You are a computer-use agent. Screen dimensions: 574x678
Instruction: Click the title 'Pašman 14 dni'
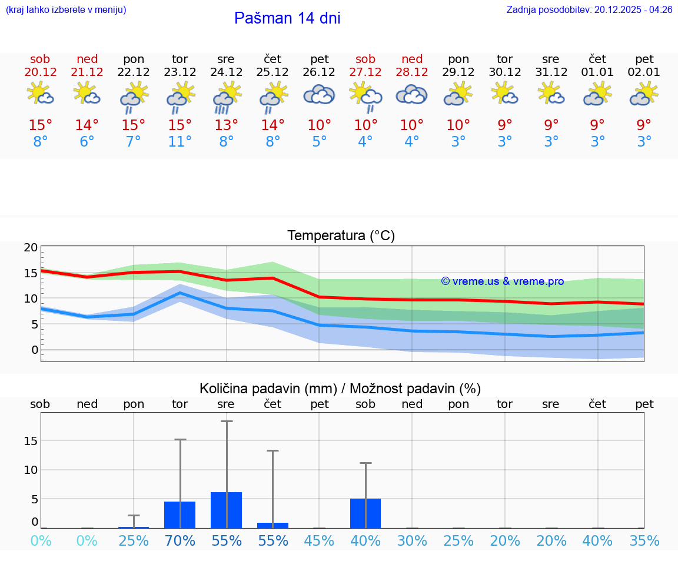point(287,18)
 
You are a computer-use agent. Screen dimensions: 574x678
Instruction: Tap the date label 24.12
point(226,72)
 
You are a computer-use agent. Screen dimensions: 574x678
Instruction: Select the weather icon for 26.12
point(319,94)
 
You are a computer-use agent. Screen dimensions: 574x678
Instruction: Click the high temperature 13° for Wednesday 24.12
point(226,125)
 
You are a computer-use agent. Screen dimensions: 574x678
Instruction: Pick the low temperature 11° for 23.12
point(180,142)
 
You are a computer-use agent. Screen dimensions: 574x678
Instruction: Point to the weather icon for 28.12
point(412,94)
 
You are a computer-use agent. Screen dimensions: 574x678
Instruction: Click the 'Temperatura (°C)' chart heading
point(341,236)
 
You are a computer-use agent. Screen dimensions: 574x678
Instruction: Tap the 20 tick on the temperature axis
point(31,248)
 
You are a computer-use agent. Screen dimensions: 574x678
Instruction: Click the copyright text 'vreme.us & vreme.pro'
point(502,281)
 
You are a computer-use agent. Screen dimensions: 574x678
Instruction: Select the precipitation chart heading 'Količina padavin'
point(340,389)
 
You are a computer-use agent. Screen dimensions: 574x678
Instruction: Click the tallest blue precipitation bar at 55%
point(226,510)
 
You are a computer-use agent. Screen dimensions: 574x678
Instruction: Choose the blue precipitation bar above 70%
point(180,515)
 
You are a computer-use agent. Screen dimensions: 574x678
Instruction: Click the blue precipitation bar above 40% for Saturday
point(365,513)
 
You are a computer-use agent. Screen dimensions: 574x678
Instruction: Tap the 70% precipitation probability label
point(180,541)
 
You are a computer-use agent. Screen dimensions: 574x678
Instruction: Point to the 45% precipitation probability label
point(319,541)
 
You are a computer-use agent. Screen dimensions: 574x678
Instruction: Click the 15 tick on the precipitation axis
point(31,441)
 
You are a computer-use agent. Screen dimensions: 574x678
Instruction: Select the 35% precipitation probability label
point(644,541)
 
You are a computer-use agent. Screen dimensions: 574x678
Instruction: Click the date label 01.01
point(597,72)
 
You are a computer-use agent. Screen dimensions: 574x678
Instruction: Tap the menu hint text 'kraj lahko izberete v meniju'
point(65,9)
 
